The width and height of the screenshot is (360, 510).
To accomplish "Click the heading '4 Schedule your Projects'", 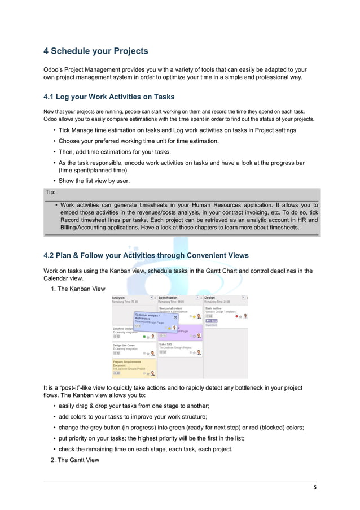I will coord(96,51).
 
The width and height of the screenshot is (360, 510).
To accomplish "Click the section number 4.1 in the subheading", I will coord(50,97).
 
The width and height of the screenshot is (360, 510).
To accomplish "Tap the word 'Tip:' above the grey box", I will coord(51,193).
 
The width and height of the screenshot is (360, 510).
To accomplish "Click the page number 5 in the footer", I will coord(315,487).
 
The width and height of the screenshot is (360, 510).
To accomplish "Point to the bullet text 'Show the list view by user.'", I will coord(94,181).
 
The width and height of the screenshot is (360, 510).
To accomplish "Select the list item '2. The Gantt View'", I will coord(75,460).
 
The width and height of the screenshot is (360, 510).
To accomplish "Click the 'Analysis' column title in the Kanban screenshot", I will coord(118,297).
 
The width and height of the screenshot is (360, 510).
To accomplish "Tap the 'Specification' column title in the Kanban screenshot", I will coord(168,297).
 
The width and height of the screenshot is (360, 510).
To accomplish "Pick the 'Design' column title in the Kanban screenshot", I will coord(210,297).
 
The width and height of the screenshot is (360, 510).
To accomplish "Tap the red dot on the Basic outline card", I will coord(237,316).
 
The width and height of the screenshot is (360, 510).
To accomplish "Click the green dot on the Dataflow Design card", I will coord(144,336).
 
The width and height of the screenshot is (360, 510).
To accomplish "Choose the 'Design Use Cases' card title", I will coord(124,345).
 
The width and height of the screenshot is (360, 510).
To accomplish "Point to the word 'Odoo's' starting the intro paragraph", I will coord(53,69).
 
